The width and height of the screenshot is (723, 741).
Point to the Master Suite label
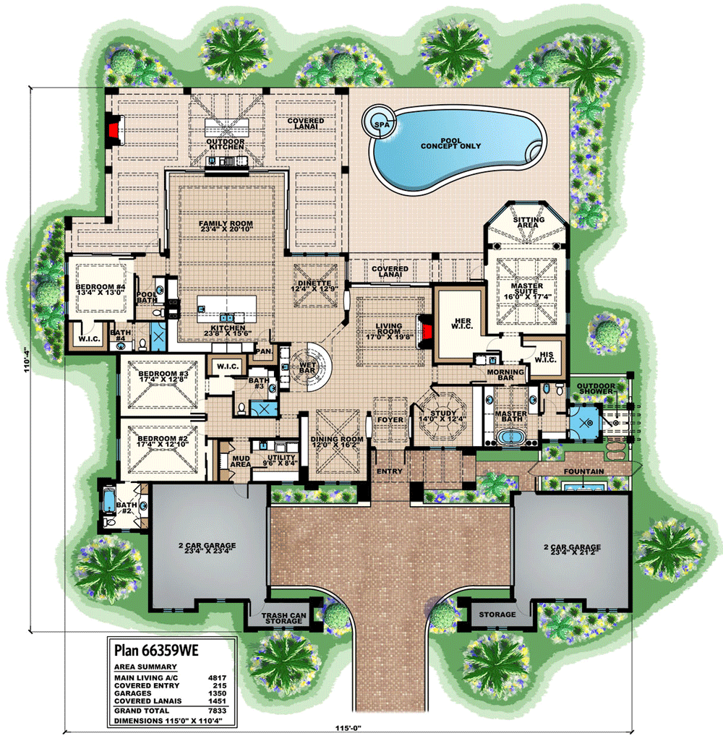coord(527,291)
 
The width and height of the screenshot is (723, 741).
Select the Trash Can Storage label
coord(281,618)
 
